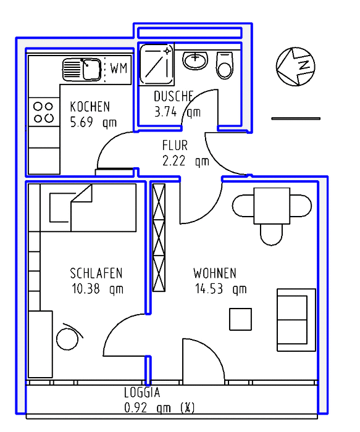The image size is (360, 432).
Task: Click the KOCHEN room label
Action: point(90,107)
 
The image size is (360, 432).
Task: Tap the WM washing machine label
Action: point(119,68)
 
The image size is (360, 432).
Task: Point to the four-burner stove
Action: point(44,112)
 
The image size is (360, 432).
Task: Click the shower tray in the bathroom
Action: point(156,64)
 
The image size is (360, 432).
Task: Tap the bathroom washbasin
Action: point(195,60)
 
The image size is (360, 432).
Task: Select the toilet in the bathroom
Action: point(225,65)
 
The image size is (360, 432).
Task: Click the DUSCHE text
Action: point(174,96)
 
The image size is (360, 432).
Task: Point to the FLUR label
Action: point(175,145)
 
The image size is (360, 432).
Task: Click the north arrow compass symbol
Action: point(296,67)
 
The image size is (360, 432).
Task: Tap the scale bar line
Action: point(296,118)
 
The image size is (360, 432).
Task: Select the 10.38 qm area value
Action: point(98,289)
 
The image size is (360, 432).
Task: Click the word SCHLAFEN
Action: point(96,273)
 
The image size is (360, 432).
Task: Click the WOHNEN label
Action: point(215,273)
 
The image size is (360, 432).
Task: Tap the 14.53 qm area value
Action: point(221,289)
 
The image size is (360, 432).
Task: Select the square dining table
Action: point(272,206)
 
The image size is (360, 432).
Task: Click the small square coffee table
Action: point(241,319)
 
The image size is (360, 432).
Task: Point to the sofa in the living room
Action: point(296,320)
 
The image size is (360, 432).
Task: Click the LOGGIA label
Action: point(142,393)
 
